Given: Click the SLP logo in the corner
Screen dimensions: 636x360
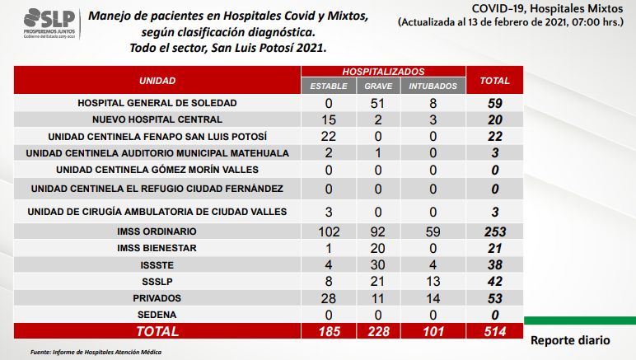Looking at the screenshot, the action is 49,24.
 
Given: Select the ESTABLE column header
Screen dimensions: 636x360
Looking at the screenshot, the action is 329,86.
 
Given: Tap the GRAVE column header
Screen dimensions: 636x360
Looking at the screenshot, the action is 378,86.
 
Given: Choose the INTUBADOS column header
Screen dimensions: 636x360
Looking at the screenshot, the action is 433,86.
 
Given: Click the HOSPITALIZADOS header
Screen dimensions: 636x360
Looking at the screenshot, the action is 383,72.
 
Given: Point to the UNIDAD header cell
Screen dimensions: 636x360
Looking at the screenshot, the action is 157,81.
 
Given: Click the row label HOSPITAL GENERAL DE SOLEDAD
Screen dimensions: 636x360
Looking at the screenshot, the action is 157,103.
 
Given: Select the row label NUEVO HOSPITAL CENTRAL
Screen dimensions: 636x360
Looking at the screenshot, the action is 157,119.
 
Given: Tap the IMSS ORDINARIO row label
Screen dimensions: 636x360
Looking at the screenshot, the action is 157,231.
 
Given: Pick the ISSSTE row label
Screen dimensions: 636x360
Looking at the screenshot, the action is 157,265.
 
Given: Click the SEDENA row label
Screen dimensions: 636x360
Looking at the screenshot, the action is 157,315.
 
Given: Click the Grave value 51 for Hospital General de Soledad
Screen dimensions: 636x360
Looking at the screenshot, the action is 377,103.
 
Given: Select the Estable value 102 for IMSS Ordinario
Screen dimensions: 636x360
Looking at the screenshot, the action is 329,231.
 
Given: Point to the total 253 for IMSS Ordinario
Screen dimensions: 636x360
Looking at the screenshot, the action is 495,231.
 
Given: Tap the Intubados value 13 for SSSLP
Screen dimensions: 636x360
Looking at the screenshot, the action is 433,282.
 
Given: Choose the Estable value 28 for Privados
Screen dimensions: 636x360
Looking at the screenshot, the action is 328,298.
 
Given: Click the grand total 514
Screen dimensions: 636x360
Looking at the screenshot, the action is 495,332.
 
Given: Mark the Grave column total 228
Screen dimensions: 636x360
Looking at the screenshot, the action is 378,332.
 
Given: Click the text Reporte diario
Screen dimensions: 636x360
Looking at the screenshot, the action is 570,340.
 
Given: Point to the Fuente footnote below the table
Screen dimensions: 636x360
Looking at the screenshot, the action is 96,352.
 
